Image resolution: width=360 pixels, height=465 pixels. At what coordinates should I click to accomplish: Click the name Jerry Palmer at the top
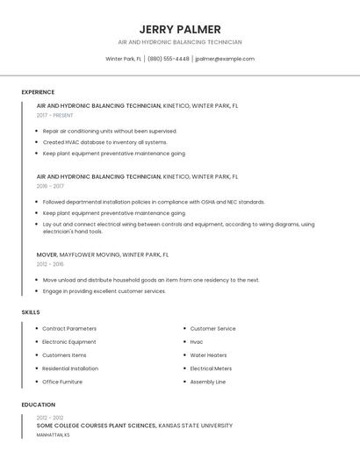[x=180, y=29]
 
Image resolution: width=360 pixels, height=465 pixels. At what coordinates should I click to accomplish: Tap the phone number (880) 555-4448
[x=169, y=59]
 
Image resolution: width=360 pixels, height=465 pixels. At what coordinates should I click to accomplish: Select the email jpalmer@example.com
[x=225, y=59]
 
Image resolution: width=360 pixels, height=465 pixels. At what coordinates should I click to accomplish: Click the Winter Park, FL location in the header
[x=124, y=59]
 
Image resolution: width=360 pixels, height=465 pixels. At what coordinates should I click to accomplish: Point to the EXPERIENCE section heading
[x=38, y=92]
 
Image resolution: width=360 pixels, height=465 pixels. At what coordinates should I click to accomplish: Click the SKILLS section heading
[x=31, y=312]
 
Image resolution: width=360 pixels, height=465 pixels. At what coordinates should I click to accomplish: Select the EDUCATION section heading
[x=38, y=404]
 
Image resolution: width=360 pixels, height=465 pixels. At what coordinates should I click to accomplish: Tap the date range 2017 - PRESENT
[x=54, y=115]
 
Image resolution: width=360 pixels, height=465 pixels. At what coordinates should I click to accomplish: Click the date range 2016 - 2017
[x=50, y=186]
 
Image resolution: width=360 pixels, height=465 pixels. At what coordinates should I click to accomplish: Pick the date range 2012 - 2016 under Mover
[x=50, y=264]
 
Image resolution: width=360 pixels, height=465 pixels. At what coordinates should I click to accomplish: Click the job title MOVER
[x=47, y=254]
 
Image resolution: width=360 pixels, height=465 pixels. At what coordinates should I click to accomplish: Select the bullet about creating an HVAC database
[x=104, y=142]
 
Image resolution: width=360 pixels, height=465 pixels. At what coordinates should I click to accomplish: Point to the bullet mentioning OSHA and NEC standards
[x=154, y=202]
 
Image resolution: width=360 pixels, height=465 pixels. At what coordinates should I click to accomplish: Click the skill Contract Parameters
[x=69, y=328]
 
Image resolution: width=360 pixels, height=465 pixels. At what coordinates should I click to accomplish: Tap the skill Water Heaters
[x=208, y=355]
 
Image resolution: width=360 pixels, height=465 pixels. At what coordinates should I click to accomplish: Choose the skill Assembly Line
[x=208, y=382]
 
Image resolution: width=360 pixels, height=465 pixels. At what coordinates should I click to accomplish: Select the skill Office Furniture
[x=62, y=382]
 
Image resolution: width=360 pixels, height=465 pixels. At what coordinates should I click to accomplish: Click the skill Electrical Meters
[x=211, y=368]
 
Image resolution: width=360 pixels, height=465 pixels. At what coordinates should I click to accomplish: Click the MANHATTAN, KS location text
[x=53, y=435]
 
